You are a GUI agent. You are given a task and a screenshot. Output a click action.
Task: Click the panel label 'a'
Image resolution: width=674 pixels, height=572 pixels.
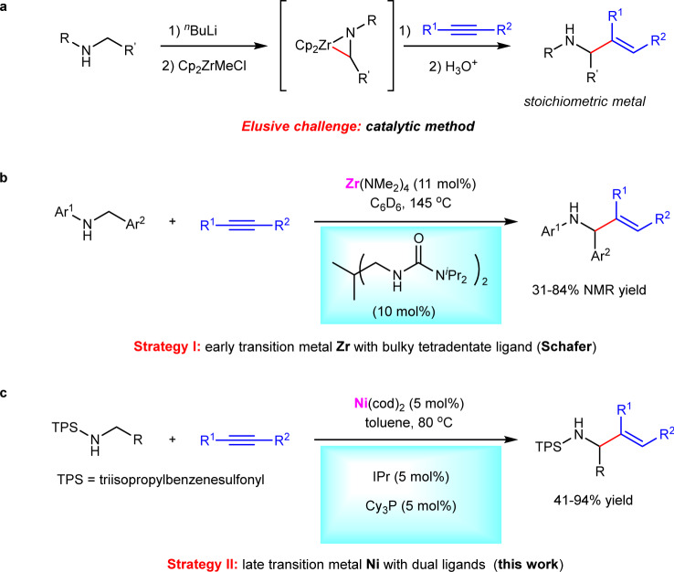pyautogui.click(x=7, y=8)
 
